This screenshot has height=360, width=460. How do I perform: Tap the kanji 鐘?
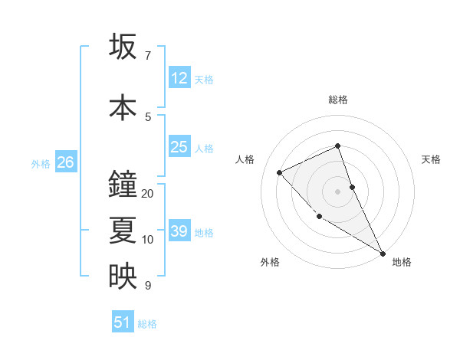[123, 185]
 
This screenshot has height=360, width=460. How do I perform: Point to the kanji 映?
[123, 277]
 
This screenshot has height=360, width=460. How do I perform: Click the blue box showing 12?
[179, 78]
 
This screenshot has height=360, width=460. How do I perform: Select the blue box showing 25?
[179, 147]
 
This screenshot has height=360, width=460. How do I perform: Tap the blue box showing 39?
[179, 231]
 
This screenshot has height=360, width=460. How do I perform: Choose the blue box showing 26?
[65, 162]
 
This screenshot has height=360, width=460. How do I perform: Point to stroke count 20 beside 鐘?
[148, 194]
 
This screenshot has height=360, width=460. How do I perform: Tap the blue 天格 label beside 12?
[204, 79]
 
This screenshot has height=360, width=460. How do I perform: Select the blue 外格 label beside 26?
[41, 164]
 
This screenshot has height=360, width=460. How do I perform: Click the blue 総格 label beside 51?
[147, 324]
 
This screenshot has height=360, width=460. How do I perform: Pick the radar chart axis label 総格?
[338, 100]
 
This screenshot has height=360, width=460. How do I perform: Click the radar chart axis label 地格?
[402, 263]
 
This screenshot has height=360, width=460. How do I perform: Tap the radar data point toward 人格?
[280, 172]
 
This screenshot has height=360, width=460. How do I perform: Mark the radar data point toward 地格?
[383, 254]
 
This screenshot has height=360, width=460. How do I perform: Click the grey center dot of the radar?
[338, 191]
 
